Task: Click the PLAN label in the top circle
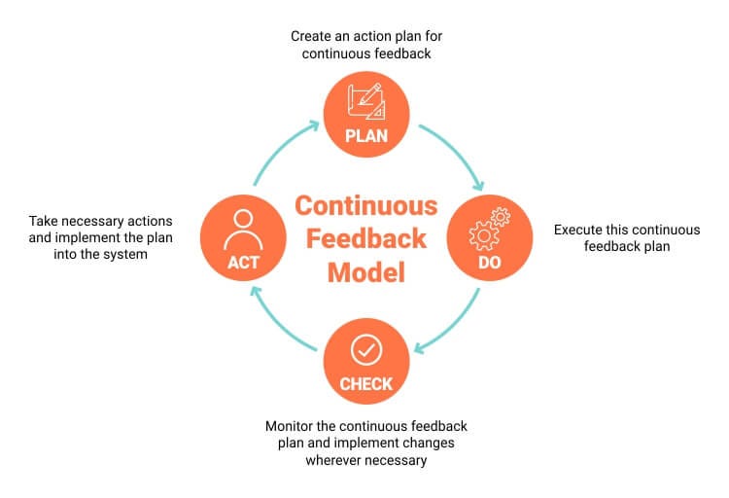[365, 135]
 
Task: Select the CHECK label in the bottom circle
[365, 383]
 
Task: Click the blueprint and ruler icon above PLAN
[365, 101]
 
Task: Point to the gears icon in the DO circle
[488, 230]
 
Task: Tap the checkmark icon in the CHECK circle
[365, 349]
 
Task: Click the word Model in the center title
[365, 272]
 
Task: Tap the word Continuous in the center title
[365, 206]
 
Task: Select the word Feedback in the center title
[365, 239]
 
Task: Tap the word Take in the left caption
[45, 221]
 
